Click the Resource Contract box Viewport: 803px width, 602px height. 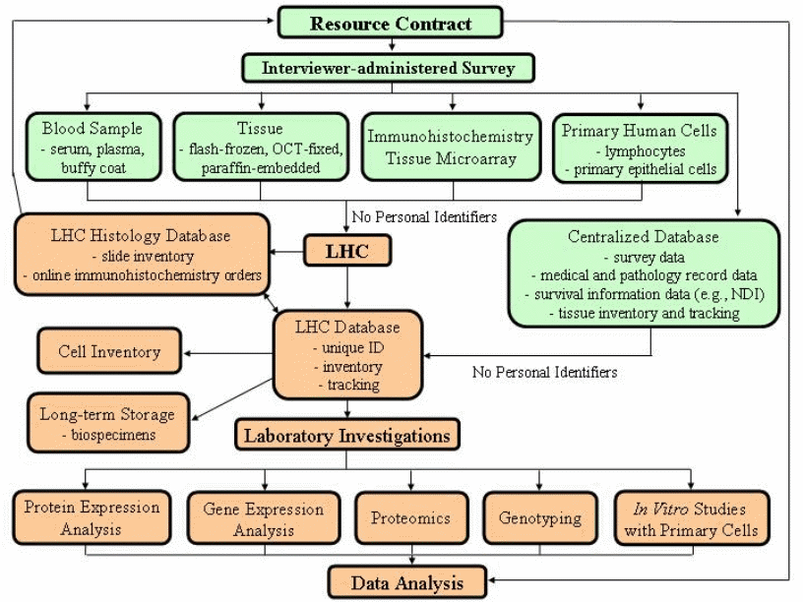tap(391, 23)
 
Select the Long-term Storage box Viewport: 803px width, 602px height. tap(107, 423)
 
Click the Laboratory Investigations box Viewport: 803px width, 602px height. tap(346, 435)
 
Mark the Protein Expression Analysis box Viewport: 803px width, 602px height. tap(92, 517)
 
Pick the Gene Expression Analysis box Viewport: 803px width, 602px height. tap(263, 518)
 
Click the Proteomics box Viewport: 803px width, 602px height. tap(410, 518)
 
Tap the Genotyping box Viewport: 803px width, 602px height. tap(538, 518)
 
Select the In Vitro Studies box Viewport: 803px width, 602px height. tap(691, 518)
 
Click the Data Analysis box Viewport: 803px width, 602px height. tap(406, 582)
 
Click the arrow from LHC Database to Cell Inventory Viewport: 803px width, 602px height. tap(231, 351)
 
